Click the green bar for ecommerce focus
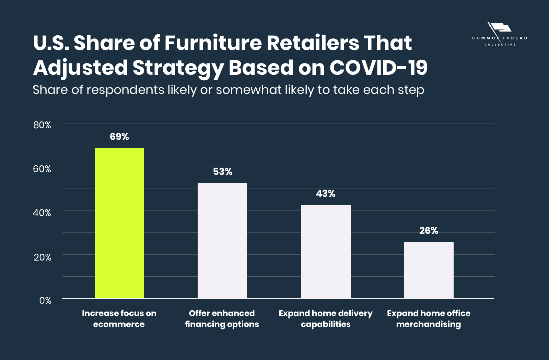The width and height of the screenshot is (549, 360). pos(119,223)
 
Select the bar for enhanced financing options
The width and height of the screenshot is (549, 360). pos(222,240)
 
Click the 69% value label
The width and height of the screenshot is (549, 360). pos(119,137)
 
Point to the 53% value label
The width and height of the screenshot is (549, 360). pos(222,172)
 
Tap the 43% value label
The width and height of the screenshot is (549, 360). pos(326,194)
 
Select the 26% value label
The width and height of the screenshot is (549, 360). pos(429,231)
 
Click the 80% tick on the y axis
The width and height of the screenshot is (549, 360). pos(42,125)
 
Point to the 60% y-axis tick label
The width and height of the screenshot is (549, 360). pos(42,169)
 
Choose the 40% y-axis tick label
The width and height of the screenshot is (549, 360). pos(42,213)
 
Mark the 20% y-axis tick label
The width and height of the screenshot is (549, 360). pos(42,257)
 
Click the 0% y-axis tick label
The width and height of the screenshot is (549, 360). pos(45,301)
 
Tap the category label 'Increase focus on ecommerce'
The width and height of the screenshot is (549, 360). pos(119,319)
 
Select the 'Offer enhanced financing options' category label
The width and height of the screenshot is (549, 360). pos(222,319)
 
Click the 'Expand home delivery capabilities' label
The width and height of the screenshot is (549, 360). pos(326,319)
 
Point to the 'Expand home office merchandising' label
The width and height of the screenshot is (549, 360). pos(429,319)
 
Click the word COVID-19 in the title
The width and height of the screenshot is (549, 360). pos(378,68)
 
